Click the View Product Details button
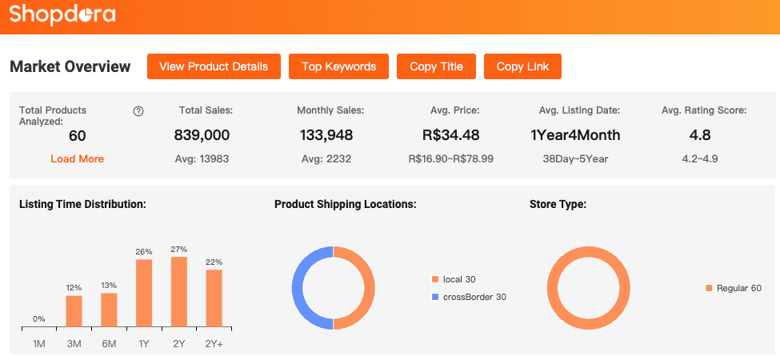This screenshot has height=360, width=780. [214, 66]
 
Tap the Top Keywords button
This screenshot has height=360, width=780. [338, 66]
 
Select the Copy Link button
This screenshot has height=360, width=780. [522, 66]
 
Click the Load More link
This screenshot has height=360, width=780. [77, 158]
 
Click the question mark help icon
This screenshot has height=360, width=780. [138, 111]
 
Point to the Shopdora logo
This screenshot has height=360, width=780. [62, 14]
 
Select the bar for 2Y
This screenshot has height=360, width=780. [179, 291]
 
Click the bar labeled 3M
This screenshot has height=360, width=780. [74, 311]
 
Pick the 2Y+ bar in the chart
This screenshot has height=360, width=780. [214, 298]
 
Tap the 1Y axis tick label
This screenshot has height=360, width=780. [144, 344]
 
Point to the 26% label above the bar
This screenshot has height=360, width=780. [144, 252]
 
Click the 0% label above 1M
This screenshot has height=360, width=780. [39, 319]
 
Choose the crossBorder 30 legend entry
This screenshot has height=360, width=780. [469, 297]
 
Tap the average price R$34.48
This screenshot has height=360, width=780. [450, 135]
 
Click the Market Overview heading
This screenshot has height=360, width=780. [70, 66]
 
